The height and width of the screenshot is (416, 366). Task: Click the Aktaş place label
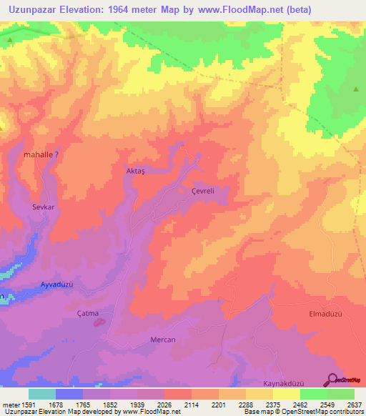point(137,172)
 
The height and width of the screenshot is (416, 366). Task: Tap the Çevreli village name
point(203,191)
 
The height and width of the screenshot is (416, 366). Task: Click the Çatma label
point(97,313)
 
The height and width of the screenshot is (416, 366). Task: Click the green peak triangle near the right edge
point(356,89)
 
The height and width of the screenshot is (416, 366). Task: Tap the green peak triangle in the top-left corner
point(9,40)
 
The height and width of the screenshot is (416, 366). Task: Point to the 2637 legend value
point(353,403)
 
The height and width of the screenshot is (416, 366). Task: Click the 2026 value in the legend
point(164,403)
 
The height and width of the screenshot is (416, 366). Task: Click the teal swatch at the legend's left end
point(41,393)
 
